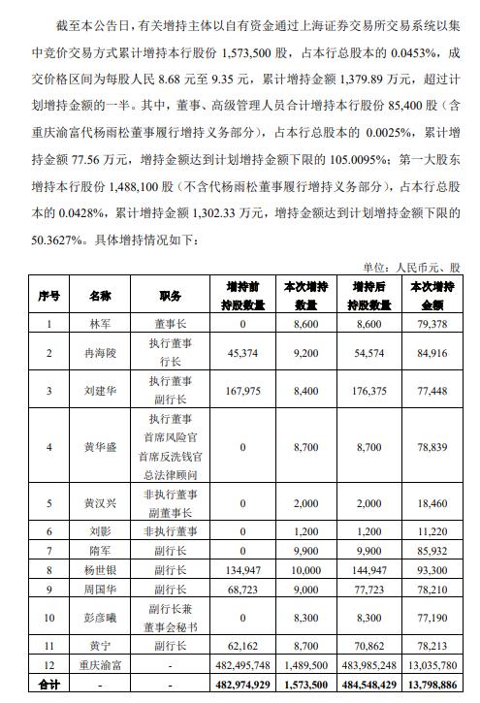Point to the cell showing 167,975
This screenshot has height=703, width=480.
click(238, 393)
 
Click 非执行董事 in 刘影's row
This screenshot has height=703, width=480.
click(170, 531)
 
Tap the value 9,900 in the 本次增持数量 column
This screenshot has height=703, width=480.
click(303, 551)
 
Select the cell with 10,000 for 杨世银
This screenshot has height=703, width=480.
click(303, 570)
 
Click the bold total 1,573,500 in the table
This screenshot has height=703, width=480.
click(303, 684)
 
